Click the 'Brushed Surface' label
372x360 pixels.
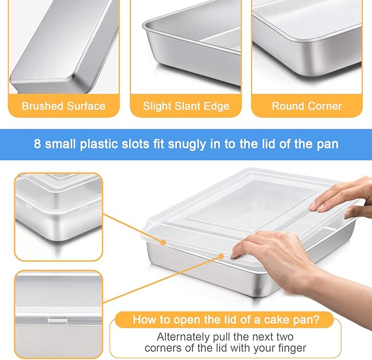(x=64, y=106)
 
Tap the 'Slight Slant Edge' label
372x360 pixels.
(x=186, y=106)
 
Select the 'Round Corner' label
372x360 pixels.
(x=306, y=106)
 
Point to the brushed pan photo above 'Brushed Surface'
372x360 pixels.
(x=64, y=44)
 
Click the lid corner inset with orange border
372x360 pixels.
(x=58, y=216)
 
